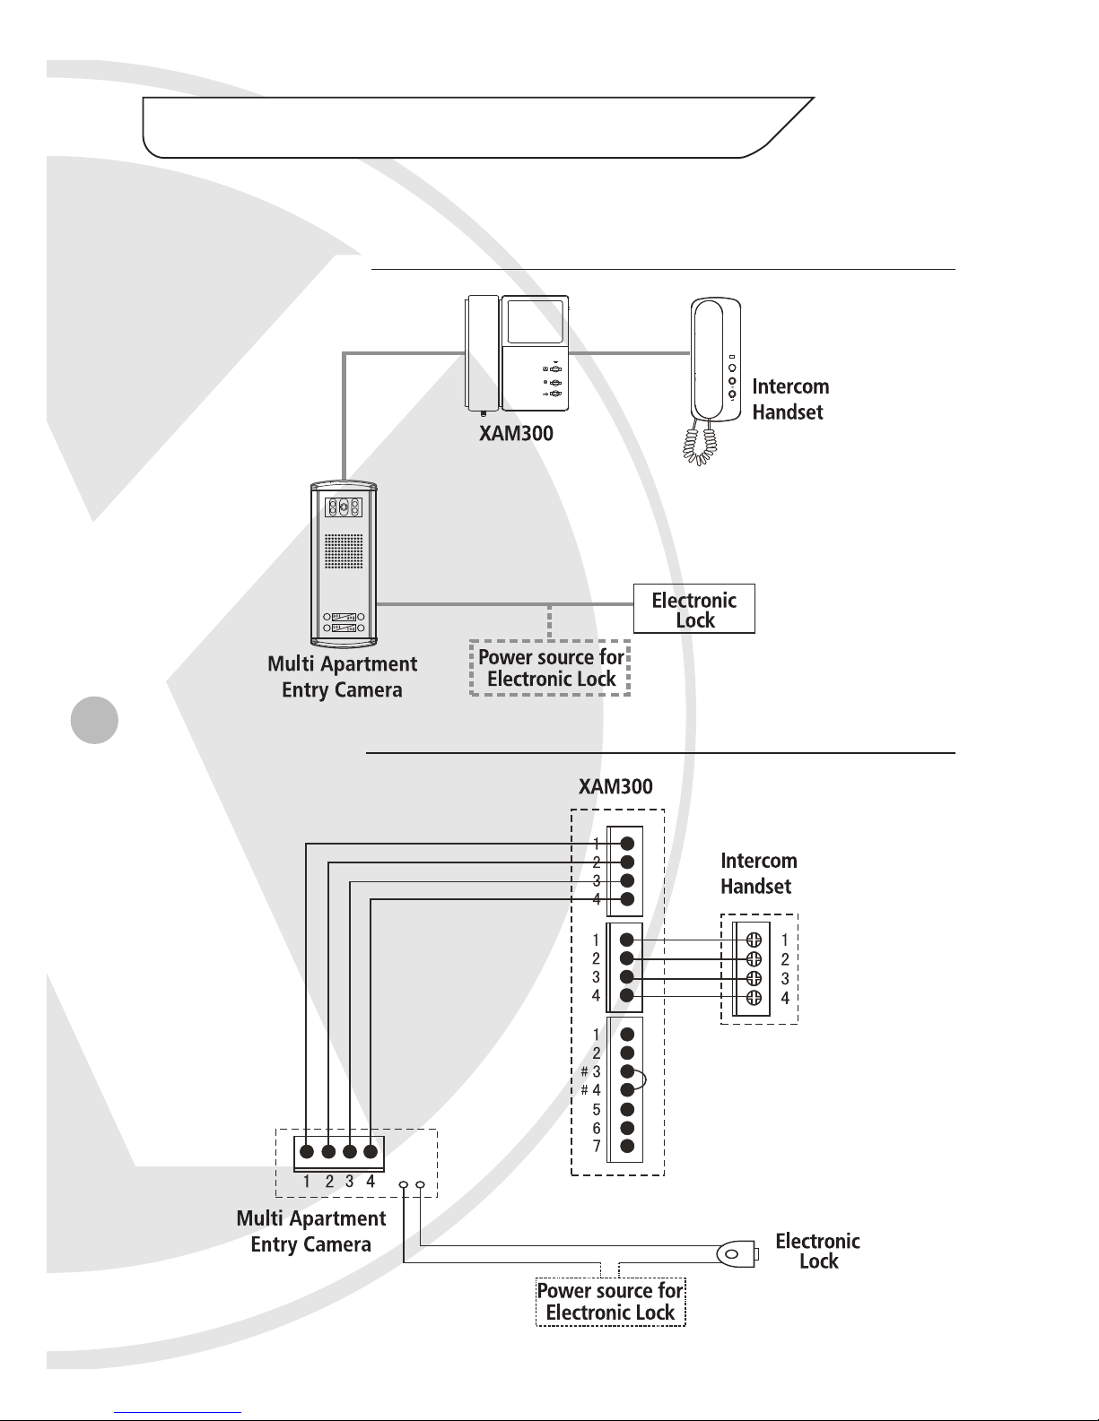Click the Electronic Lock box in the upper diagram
693,610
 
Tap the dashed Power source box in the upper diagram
550,668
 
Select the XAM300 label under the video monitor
515,433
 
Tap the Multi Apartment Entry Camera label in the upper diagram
342,677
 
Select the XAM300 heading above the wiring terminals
615,786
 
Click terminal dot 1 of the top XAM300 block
628,843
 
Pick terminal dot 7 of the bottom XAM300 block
627,1146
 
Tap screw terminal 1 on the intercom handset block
754,940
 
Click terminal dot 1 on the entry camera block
307,1152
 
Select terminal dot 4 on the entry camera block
370,1152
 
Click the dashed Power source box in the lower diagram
610,1302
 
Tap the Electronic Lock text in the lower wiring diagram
817,1251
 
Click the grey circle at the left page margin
94,719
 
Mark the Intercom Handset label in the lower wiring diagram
758,873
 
